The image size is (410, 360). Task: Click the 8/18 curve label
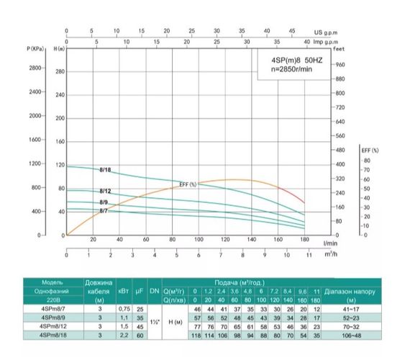[x=105, y=170]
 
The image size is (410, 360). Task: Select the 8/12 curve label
[x=105, y=191]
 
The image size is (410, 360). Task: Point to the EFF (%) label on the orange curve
[x=188, y=185]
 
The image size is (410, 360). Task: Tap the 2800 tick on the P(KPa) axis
[x=35, y=68]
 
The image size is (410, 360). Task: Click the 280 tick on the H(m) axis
[x=60, y=72]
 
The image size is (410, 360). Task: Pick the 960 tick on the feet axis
[x=342, y=65]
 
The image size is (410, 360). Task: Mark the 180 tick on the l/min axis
[x=304, y=240]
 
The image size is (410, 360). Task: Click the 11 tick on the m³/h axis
[x=309, y=255]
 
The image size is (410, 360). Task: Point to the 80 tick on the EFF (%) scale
[x=366, y=161]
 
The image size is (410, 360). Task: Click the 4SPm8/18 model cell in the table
[x=54, y=335]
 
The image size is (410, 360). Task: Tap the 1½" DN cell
[x=155, y=322]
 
